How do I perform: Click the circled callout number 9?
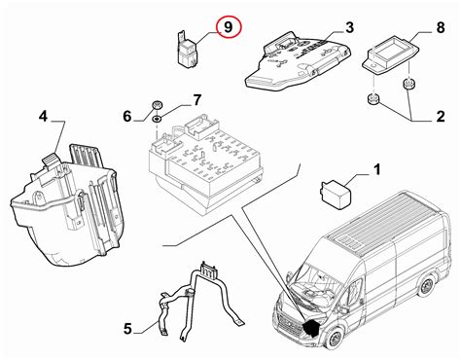click(229, 27)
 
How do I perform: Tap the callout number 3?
click(349, 27)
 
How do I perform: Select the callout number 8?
click(441, 27)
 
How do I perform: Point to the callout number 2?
click(441, 117)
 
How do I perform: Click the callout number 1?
click(376, 169)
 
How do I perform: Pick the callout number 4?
click(43, 116)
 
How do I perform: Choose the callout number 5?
click(127, 329)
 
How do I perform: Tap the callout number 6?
click(127, 116)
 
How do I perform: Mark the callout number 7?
click(197, 100)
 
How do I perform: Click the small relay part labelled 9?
click(188, 50)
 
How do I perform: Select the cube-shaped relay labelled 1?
click(335, 194)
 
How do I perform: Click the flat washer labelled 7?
click(158, 119)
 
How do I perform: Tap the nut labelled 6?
click(158, 106)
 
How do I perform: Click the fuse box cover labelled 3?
click(299, 60)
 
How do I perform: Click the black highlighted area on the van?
click(312, 328)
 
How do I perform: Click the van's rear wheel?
click(426, 286)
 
